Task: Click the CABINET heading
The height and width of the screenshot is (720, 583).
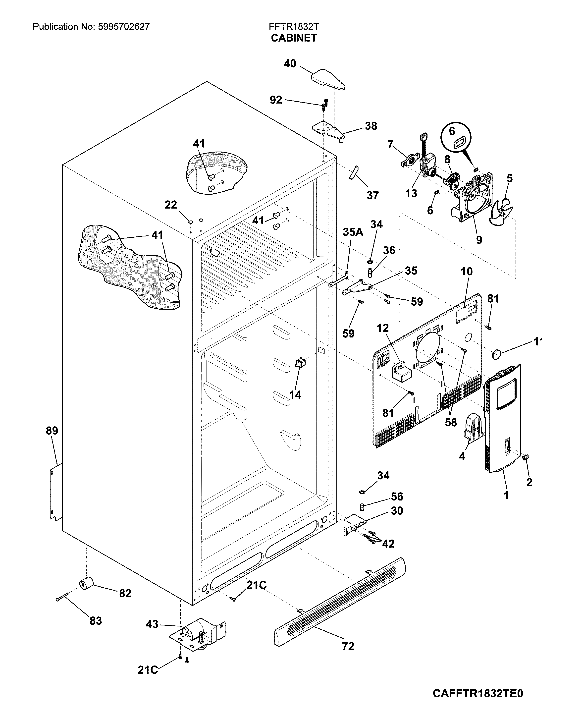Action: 294,38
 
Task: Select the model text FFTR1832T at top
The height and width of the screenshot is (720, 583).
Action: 294,27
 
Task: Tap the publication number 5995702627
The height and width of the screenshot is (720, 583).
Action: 124,27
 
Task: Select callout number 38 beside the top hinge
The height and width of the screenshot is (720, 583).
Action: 371,126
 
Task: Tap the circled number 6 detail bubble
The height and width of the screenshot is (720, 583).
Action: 456,137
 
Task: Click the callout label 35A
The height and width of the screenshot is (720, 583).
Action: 353,232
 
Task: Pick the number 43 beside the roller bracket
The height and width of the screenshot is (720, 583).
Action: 152,624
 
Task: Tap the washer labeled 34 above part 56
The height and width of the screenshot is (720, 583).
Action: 362,492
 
